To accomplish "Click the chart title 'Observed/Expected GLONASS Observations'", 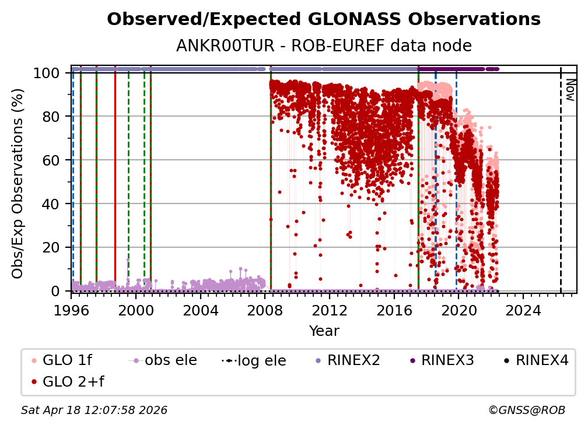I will (x=324, y=19).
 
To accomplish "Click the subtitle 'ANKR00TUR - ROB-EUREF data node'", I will (x=324, y=46).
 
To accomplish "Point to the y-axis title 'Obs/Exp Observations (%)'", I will (x=18, y=183).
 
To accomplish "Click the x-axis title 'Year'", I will (x=324, y=331).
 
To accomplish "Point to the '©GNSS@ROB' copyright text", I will (x=527, y=411).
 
